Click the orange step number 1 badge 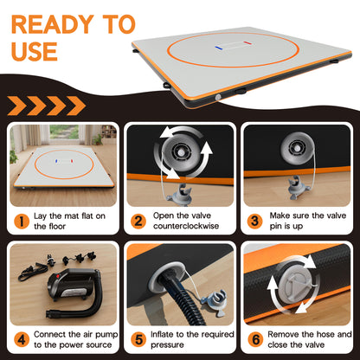click(x=22, y=222)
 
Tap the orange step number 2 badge click(x=138, y=222)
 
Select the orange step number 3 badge click(x=255, y=222)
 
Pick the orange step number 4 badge click(x=22, y=340)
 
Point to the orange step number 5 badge click(x=138, y=340)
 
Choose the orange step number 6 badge click(x=255, y=340)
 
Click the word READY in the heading click(x=53, y=25)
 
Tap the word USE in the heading click(x=35, y=51)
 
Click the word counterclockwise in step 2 click(x=186, y=226)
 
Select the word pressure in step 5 click(x=167, y=345)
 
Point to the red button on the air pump click(x=58, y=276)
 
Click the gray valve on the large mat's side click(x=218, y=98)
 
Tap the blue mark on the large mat click(x=218, y=48)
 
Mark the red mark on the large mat click(x=247, y=43)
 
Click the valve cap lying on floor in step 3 click(x=299, y=189)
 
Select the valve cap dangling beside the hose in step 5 click(x=214, y=302)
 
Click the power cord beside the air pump click(x=31, y=271)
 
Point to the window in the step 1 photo click(x=64, y=132)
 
